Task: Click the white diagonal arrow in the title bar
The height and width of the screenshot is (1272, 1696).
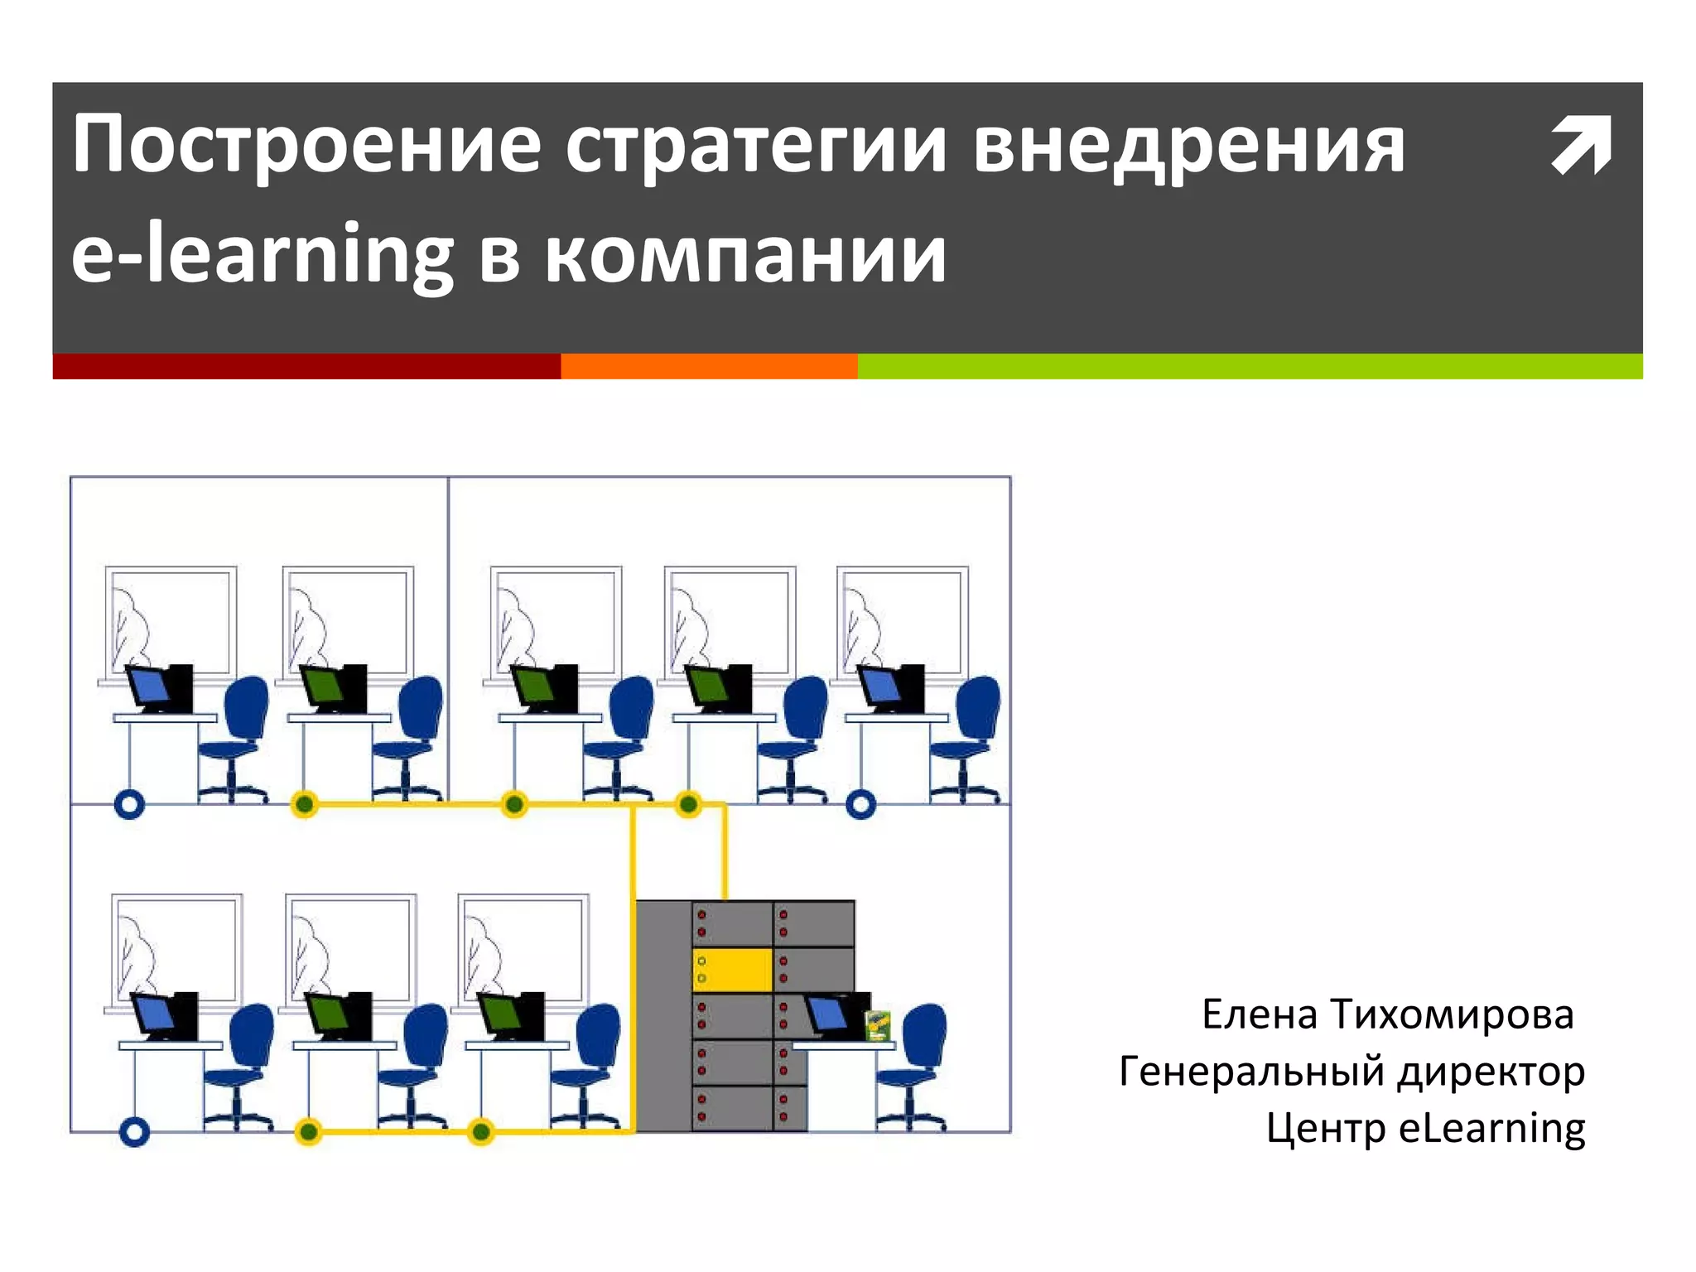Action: [x=1581, y=145]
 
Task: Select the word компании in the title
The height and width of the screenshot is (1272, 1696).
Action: [x=745, y=255]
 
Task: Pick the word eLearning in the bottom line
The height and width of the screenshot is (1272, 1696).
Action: [x=1491, y=1128]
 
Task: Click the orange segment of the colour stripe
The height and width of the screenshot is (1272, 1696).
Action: [x=709, y=366]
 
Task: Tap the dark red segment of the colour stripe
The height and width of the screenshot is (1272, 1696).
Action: [x=306, y=366]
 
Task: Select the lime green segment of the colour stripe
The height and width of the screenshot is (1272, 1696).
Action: [x=1250, y=366]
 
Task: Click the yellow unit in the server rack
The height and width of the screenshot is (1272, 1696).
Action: [x=732, y=970]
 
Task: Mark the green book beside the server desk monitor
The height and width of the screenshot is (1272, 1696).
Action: [x=877, y=1025]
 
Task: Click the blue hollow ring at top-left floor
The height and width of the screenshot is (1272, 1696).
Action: [x=129, y=803]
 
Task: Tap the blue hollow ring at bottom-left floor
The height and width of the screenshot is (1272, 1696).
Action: [x=134, y=1131]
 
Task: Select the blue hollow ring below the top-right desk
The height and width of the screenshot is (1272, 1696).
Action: [x=861, y=803]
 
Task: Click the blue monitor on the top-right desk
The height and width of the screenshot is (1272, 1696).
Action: [x=879, y=687]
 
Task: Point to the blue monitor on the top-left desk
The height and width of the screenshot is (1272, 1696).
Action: [x=147, y=687]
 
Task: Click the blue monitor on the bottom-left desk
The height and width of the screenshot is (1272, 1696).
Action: [x=154, y=1014]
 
